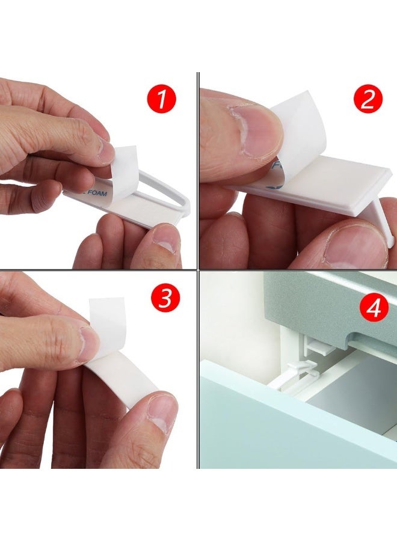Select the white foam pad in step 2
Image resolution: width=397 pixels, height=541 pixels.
pyautogui.click(x=313, y=180)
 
